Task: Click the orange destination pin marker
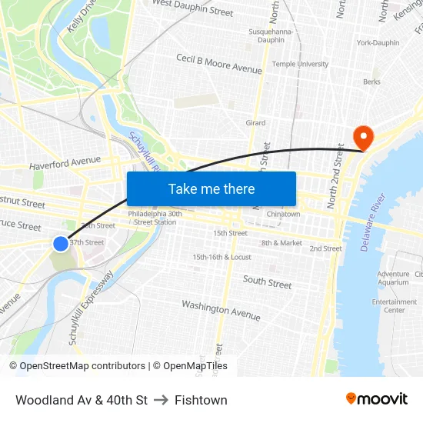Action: pyautogui.click(x=362, y=138)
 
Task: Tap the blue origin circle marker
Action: pyautogui.click(x=61, y=244)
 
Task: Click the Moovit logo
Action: pyautogui.click(x=377, y=399)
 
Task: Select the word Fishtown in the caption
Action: pyautogui.click(x=201, y=400)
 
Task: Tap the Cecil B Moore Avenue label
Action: pyautogui.click(x=218, y=64)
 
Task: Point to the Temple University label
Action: pyautogui.click(x=300, y=65)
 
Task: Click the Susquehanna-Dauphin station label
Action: pyautogui.click(x=268, y=35)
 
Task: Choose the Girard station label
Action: pyautogui.click(x=255, y=123)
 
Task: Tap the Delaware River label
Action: pyautogui.click(x=365, y=217)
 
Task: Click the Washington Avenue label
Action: pyautogui.click(x=221, y=310)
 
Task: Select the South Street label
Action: pyautogui.click(x=268, y=282)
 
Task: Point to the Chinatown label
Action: pyautogui.click(x=283, y=214)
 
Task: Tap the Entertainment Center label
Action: pyautogui.click(x=394, y=306)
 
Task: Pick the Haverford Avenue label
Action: pyautogui.click(x=65, y=163)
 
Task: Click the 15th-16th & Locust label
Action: pyautogui.click(x=221, y=257)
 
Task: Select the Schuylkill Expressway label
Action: pyautogui.click(x=91, y=307)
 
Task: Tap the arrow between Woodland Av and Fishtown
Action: pyautogui.click(x=161, y=400)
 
